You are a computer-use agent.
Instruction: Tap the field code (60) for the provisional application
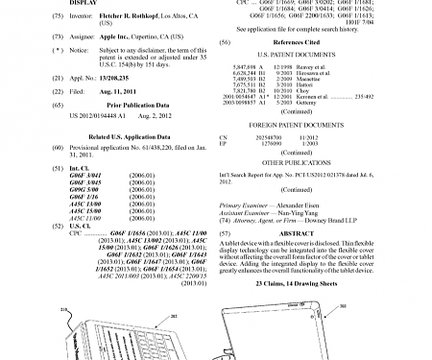[60, 149]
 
